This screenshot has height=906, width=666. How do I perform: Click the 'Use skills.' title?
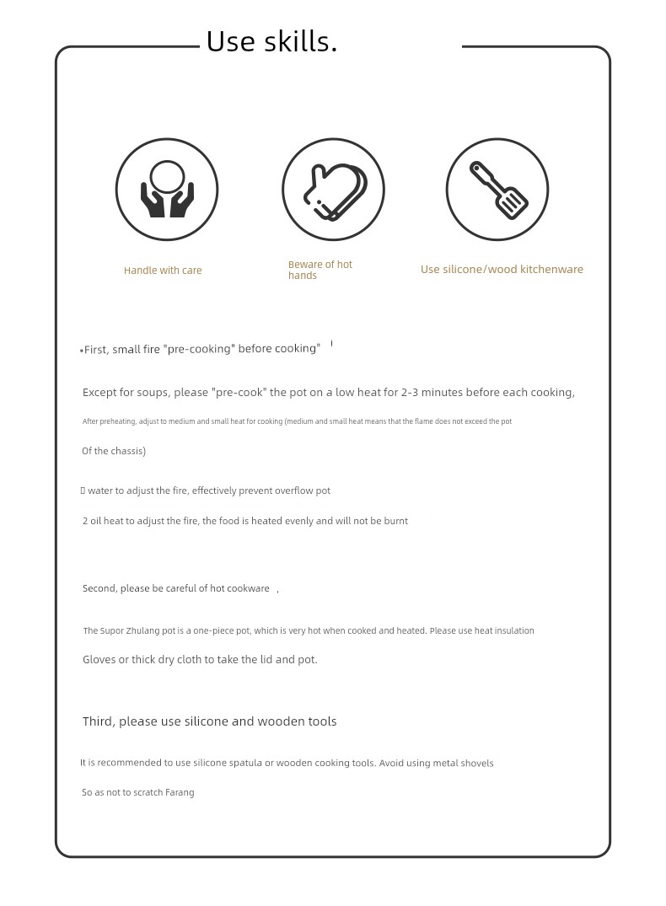pos(271,41)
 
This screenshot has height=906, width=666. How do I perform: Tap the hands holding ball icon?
pos(167,190)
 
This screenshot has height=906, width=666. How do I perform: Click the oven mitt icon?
pos(334,190)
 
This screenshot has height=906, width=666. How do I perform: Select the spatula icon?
pos(497,190)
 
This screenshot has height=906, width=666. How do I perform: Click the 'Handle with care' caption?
pos(163,271)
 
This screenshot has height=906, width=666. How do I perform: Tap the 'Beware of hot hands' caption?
pos(320,270)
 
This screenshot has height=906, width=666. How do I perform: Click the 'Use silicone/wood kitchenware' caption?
pos(502,270)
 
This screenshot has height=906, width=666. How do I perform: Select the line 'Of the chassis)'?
pos(114,451)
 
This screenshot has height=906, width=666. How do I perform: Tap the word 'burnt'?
pos(395,521)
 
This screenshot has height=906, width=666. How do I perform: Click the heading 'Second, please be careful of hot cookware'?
pos(176,588)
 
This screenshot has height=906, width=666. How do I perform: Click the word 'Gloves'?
pos(99,660)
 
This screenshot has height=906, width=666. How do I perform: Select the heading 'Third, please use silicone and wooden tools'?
pos(209,721)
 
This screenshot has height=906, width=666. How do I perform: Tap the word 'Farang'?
pos(180,792)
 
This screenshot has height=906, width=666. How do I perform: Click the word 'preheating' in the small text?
pos(116,421)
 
